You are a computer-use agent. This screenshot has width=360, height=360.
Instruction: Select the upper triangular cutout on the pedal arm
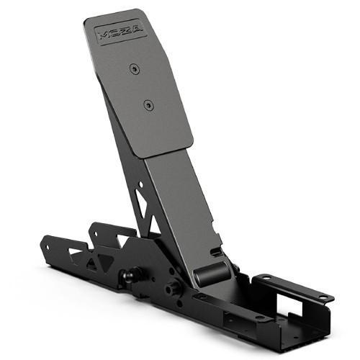coord(142,197)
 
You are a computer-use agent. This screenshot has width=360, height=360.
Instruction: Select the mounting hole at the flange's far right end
coord(326,297)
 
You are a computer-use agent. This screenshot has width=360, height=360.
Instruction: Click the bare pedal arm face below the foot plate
coord(180,202)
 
